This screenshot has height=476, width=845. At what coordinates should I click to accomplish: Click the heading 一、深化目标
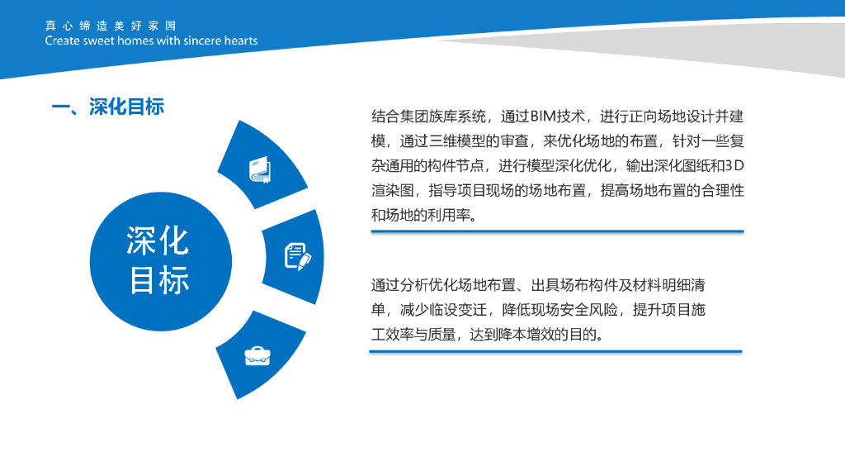tap(108, 107)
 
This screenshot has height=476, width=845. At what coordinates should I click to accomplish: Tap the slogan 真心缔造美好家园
tap(111, 26)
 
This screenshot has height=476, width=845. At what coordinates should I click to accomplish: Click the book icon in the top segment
tap(260, 170)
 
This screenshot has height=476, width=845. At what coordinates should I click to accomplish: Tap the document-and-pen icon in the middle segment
tap(297, 256)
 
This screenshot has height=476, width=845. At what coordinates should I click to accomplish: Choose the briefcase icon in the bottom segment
tap(257, 355)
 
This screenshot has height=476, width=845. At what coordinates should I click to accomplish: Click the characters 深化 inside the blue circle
tap(158, 240)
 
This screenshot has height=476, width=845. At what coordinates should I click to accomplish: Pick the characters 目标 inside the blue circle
tap(159, 279)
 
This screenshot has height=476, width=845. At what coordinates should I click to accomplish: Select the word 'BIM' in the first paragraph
tap(543, 116)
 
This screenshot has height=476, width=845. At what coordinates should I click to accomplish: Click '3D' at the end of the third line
tap(734, 165)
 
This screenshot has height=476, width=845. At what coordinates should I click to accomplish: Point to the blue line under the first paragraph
tap(557, 231)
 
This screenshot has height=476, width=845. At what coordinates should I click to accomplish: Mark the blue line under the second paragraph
tap(555, 351)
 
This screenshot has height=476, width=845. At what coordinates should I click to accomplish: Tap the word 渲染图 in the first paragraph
tap(392, 191)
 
